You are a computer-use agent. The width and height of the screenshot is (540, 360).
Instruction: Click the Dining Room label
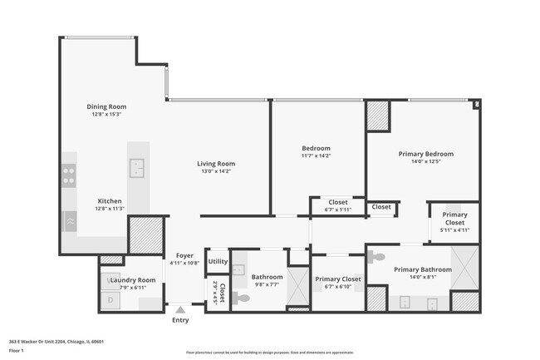point(106,106)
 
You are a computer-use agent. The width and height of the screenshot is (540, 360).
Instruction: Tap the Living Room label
point(216,164)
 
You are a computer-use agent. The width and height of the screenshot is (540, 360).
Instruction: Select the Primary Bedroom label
point(426,154)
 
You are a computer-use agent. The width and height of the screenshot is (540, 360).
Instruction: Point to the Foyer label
point(184,256)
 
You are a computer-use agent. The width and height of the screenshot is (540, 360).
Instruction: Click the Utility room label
point(218,261)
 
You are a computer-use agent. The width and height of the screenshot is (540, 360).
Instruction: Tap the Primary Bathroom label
point(423,269)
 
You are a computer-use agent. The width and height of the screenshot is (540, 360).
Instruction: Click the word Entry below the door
point(180,320)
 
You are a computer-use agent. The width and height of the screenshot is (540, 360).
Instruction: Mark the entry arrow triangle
point(180,309)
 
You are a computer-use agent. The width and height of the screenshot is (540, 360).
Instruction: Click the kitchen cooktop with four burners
point(70,175)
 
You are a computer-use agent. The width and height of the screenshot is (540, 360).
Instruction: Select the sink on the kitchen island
point(137,167)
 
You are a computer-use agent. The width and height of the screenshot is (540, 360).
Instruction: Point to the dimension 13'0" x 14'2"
point(216,171)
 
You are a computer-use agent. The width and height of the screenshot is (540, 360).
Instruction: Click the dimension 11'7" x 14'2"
point(316,155)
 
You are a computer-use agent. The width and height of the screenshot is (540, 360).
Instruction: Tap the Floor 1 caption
point(16,351)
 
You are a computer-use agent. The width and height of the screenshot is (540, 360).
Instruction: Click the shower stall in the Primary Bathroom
point(465,265)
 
